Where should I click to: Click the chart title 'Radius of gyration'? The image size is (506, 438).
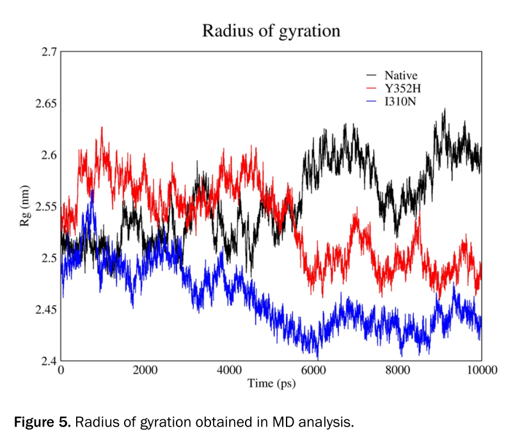(x=271, y=30)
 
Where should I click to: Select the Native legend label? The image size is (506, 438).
(x=401, y=76)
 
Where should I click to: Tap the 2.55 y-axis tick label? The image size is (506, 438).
(x=44, y=207)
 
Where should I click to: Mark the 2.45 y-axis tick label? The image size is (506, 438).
(x=44, y=310)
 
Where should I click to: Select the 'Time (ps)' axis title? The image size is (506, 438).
(x=271, y=384)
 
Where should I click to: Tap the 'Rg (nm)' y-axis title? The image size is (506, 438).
(x=26, y=208)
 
